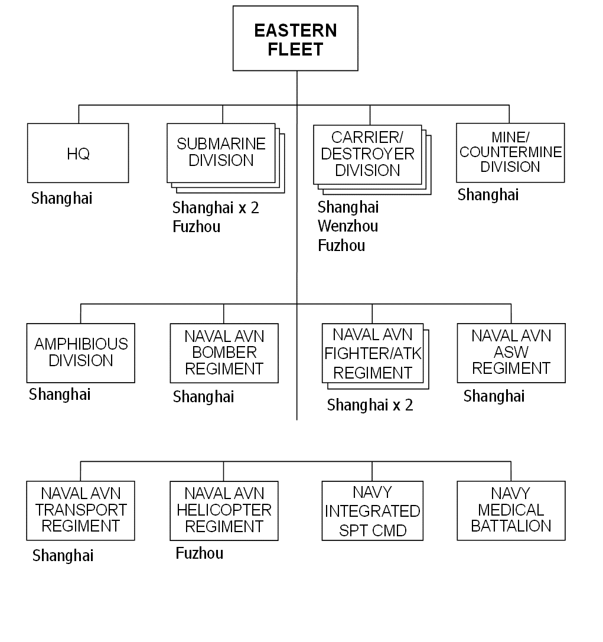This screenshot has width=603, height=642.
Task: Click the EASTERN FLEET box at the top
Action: [295, 39]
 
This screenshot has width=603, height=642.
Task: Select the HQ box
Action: [78, 153]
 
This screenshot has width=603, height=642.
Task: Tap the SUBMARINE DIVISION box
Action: [221, 152]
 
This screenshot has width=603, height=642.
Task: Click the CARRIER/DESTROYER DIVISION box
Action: [367, 154]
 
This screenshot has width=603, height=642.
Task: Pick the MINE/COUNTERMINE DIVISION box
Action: [510, 152]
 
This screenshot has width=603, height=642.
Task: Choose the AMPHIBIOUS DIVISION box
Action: [80, 353]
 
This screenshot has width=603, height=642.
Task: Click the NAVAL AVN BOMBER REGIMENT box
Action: [224, 353]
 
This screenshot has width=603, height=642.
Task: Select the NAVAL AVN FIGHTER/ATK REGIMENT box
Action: [373, 353]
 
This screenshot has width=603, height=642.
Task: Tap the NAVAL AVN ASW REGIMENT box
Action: [511, 353]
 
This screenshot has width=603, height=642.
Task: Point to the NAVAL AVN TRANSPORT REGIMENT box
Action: [80, 510]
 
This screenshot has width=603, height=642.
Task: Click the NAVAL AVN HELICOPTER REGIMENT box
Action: [224, 510]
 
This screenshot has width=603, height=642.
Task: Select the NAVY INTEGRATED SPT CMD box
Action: [372, 510]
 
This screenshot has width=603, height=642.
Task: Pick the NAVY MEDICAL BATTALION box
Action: [511, 510]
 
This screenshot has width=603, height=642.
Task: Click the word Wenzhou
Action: [348, 226]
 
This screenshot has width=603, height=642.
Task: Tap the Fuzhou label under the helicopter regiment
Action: [200, 553]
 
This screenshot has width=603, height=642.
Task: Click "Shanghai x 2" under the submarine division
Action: [216, 208]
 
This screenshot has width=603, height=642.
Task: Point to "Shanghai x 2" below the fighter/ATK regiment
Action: [370, 405]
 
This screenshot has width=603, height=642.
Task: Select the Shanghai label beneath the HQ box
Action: [62, 198]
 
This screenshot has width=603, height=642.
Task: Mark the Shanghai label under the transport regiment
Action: [63, 556]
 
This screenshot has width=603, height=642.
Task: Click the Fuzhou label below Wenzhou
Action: [342, 246]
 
